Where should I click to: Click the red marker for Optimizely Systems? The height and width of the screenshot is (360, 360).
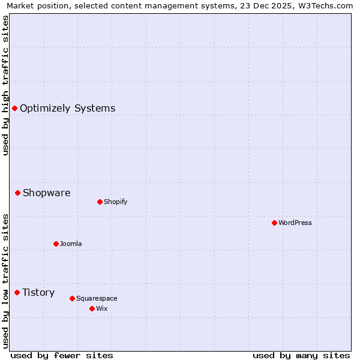coord(14,108)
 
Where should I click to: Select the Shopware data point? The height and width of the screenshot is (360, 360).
coord(18,193)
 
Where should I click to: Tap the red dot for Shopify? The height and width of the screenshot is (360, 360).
coord(100,202)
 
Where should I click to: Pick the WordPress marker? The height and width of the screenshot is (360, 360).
coord(274,223)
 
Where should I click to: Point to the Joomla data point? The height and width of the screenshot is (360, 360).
coord(56,244)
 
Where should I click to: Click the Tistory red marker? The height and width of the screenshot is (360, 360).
coord(17,292)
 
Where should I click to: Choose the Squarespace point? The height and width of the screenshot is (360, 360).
coord(72,298)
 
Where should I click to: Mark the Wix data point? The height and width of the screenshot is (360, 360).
coord(92,308)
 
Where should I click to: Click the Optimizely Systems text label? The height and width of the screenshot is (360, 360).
coord(67,108)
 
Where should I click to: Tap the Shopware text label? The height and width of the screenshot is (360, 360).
coord(46,193)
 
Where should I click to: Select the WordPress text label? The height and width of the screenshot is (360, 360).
coord(295,223)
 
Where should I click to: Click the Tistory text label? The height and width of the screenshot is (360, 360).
coord(38,292)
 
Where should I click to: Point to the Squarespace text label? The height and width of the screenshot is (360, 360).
coord(97,298)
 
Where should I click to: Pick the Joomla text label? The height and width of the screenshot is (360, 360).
coord(71,244)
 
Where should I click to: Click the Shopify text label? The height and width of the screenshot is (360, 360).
coord(115,202)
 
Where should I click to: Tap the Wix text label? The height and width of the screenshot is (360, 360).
coord(101,308)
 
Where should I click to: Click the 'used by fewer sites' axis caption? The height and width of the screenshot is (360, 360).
coord(62,355)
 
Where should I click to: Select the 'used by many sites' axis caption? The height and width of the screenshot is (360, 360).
coord(301,355)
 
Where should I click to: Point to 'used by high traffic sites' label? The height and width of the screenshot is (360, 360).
coord(6,85)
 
